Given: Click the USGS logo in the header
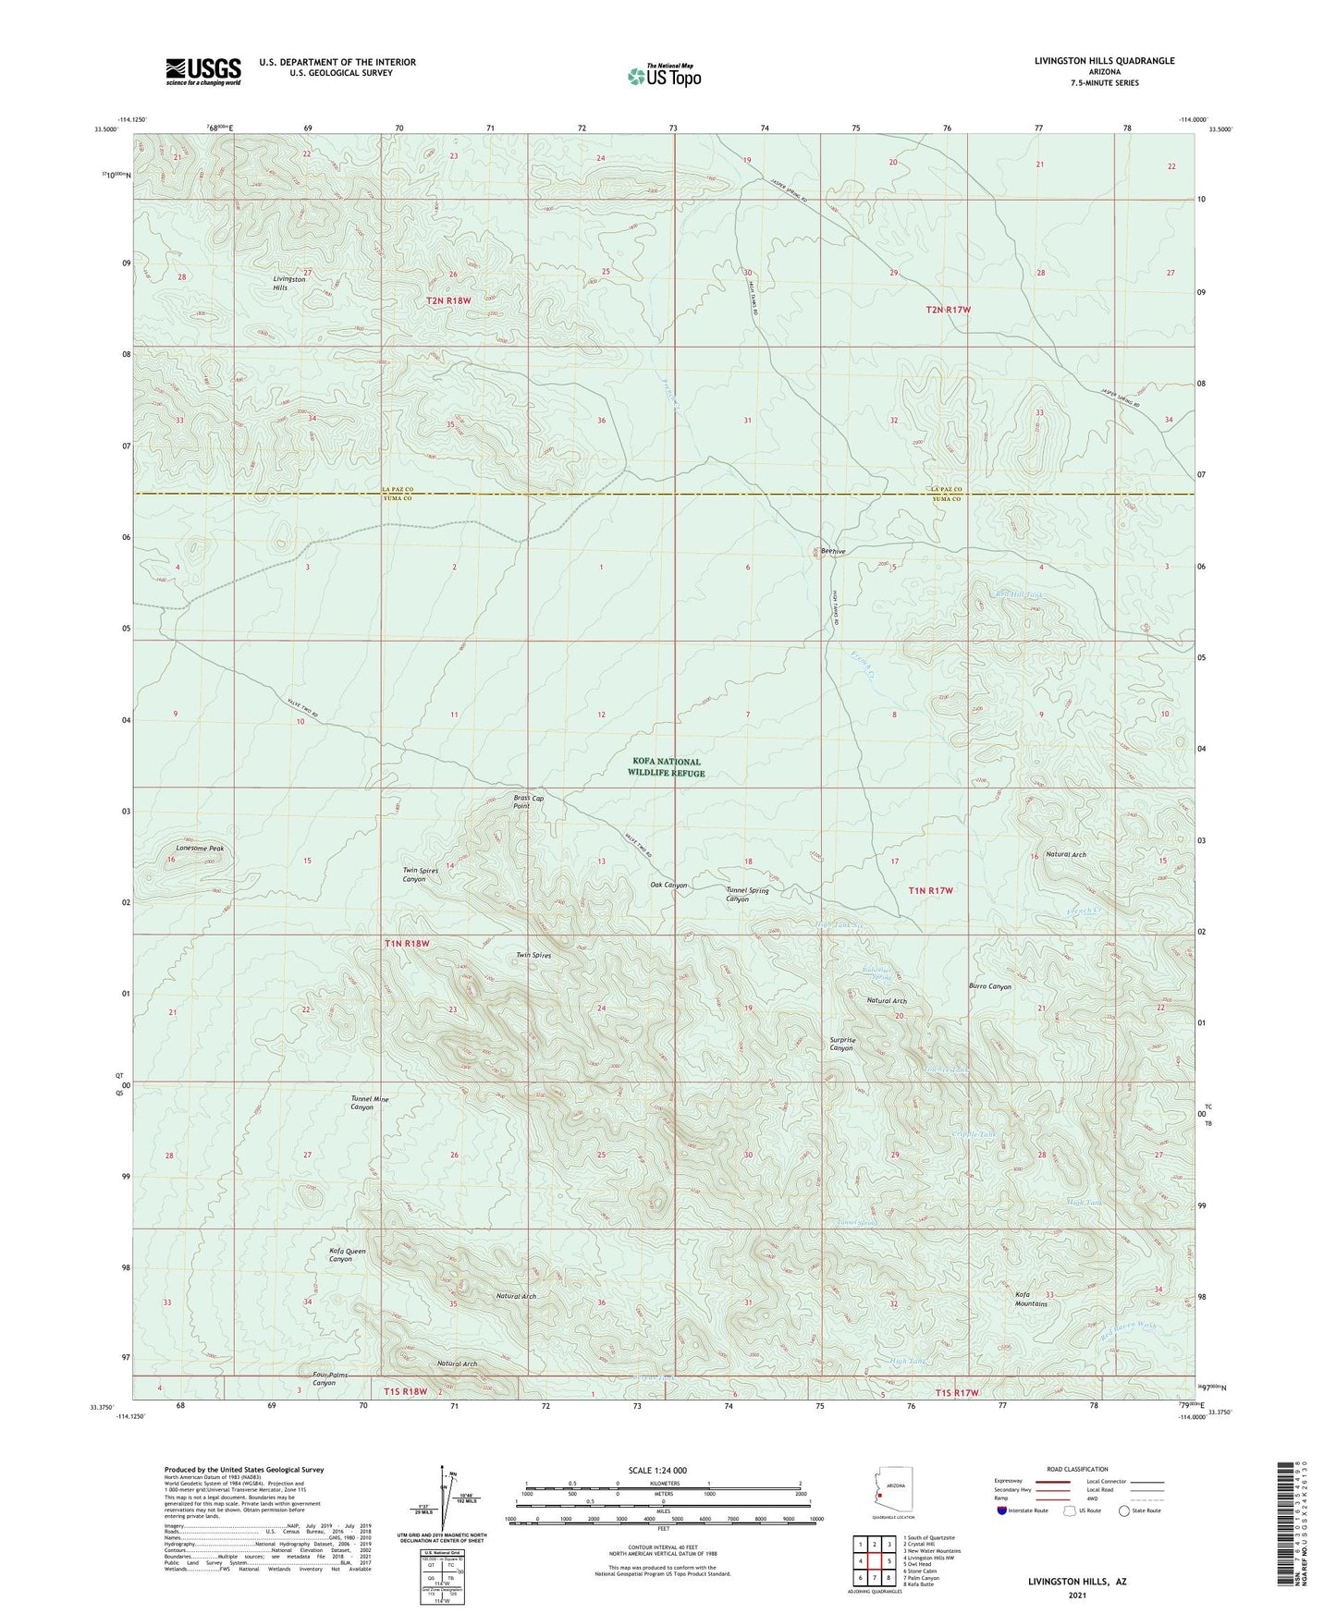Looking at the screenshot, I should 202,71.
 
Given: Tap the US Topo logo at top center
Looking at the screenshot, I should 663,76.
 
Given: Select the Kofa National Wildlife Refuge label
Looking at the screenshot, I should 666,767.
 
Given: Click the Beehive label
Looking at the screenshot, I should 833,551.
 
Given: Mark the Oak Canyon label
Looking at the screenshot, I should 668,885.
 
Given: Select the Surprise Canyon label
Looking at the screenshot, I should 841,1044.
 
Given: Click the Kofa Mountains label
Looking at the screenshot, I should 1031,1299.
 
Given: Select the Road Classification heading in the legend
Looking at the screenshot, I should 1078,1470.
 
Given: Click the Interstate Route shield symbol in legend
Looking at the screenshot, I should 1004,1510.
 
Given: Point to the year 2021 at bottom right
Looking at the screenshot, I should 1076,1595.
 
